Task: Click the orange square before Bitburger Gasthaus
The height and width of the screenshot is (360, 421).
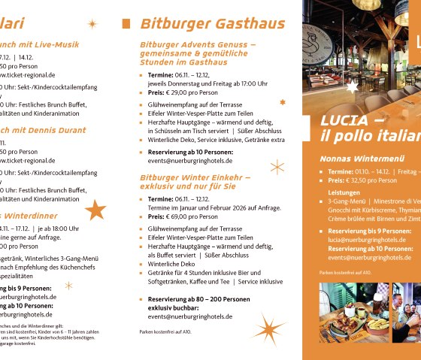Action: [126, 23]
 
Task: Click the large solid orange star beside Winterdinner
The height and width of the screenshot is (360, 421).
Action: [95, 210]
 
